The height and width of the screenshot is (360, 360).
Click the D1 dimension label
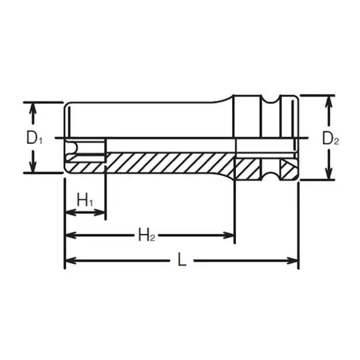click(x=34, y=138)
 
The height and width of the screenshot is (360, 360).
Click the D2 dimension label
click(x=331, y=139)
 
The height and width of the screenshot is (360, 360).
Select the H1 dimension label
click(x=85, y=199)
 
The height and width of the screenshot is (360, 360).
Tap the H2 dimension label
click(x=147, y=234)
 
